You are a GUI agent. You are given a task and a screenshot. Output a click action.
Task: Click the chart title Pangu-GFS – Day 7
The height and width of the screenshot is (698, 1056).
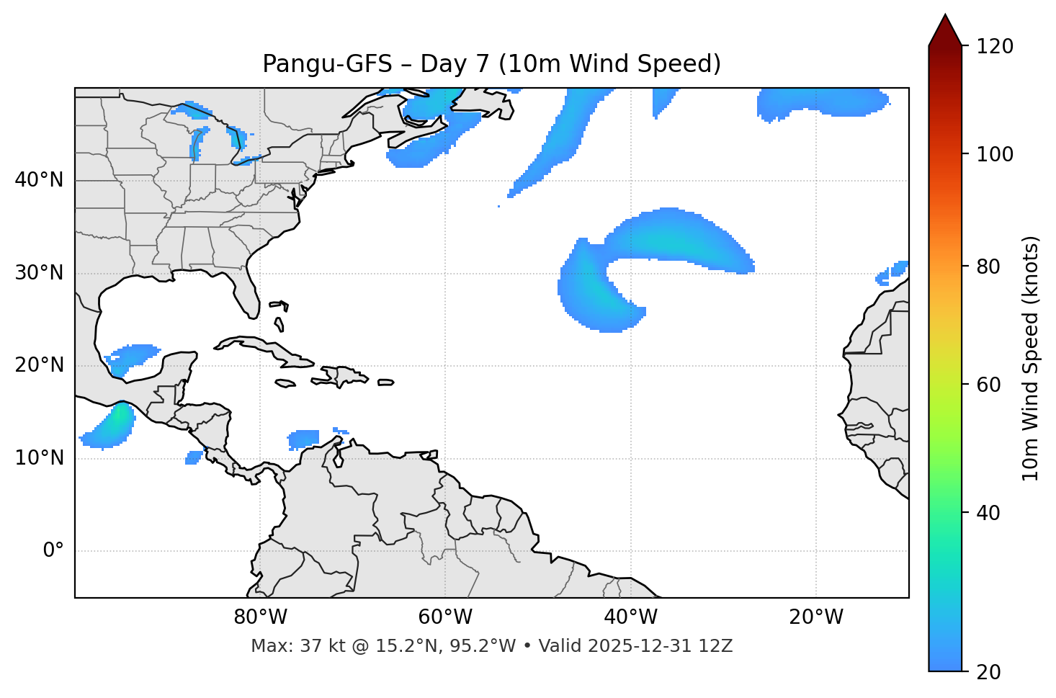click(x=491, y=64)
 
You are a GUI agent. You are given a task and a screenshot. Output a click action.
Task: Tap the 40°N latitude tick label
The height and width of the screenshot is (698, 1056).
click(x=39, y=180)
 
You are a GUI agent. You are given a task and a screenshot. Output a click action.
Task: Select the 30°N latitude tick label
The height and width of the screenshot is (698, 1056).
click(x=39, y=273)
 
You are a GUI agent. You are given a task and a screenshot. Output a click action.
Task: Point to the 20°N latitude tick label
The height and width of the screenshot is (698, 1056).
click(x=39, y=365)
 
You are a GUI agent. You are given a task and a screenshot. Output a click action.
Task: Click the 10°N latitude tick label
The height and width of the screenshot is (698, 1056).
click(x=39, y=458)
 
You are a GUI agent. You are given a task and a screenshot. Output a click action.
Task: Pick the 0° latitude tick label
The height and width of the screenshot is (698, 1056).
click(x=53, y=551)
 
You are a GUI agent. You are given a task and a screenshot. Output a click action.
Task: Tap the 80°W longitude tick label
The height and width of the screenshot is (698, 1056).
click(x=260, y=617)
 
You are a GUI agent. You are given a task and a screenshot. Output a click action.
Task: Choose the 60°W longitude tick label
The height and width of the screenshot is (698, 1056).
click(x=445, y=617)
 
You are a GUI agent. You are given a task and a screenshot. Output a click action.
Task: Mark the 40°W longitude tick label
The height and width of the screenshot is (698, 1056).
click(x=630, y=617)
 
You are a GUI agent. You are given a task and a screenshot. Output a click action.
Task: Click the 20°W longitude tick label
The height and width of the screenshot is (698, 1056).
click(x=815, y=617)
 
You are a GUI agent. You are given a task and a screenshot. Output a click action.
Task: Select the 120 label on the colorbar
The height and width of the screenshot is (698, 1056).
click(x=995, y=47)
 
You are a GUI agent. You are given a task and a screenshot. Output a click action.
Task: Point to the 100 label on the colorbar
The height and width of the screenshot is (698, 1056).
click(x=995, y=154)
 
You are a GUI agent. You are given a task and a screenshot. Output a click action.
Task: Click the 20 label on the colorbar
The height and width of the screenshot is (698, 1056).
click(x=988, y=672)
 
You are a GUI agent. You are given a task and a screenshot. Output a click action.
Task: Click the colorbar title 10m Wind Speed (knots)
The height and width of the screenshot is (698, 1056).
click(x=1031, y=358)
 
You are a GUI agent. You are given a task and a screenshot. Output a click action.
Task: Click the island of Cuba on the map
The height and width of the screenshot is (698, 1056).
click(x=259, y=346)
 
